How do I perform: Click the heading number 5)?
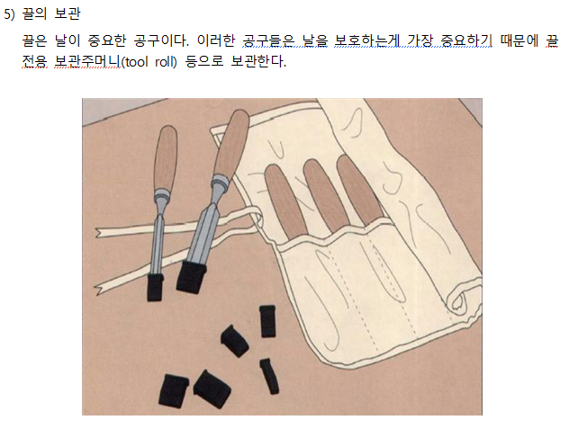[9, 13]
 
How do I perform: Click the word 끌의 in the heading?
[35, 13]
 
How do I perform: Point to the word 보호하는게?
[366, 40]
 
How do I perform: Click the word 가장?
[420, 40]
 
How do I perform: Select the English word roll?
[164, 62]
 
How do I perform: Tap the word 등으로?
[204, 62]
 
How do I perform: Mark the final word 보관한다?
[258, 62]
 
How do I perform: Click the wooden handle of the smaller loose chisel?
[166, 157]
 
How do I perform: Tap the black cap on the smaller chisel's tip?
[155, 287]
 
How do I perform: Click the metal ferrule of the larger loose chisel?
[221, 183]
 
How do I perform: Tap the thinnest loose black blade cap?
[269, 376]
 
